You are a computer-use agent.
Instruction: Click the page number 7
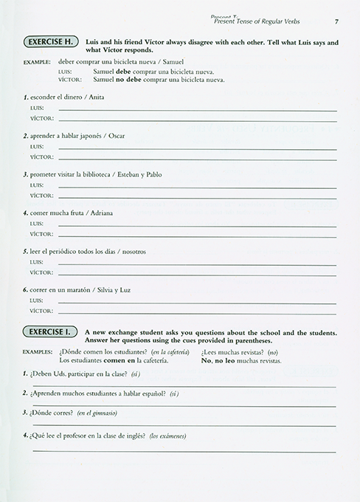click(x=336, y=21)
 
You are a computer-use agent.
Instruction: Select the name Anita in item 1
click(x=97, y=97)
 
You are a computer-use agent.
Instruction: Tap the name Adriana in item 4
click(x=102, y=213)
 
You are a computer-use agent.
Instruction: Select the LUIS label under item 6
click(x=36, y=300)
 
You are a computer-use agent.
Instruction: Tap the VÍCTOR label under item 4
click(x=40, y=234)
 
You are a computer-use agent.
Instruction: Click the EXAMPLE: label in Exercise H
click(x=36, y=61)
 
